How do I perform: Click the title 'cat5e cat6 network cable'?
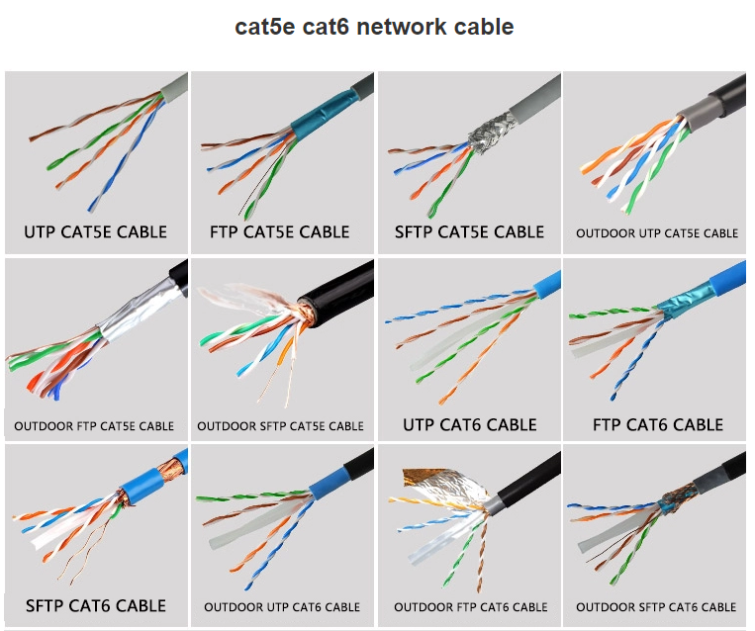pyautogui.click(x=374, y=27)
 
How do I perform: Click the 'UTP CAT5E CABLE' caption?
pyautogui.click(x=95, y=232)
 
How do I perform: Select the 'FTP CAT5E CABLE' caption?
pyautogui.click(x=280, y=232)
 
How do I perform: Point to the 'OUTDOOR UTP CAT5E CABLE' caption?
pyautogui.click(x=657, y=233)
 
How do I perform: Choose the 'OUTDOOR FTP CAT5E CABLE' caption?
pyautogui.click(x=94, y=426)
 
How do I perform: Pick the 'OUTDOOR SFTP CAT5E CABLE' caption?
pyautogui.click(x=280, y=426)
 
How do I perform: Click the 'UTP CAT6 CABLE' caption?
pyautogui.click(x=469, y=425)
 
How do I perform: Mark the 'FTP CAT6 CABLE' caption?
pyautogui.click(x=658, y=425)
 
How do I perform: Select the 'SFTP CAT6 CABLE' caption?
pyautogui.click(x=95, y=605)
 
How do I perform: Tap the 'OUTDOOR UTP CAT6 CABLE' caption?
pyautogui.click(x=282, y=606)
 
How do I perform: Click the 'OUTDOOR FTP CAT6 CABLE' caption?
pyautogui.click(x=470, y=606)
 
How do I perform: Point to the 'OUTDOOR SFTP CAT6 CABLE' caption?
pyautogui.click(x=656, y=606)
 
